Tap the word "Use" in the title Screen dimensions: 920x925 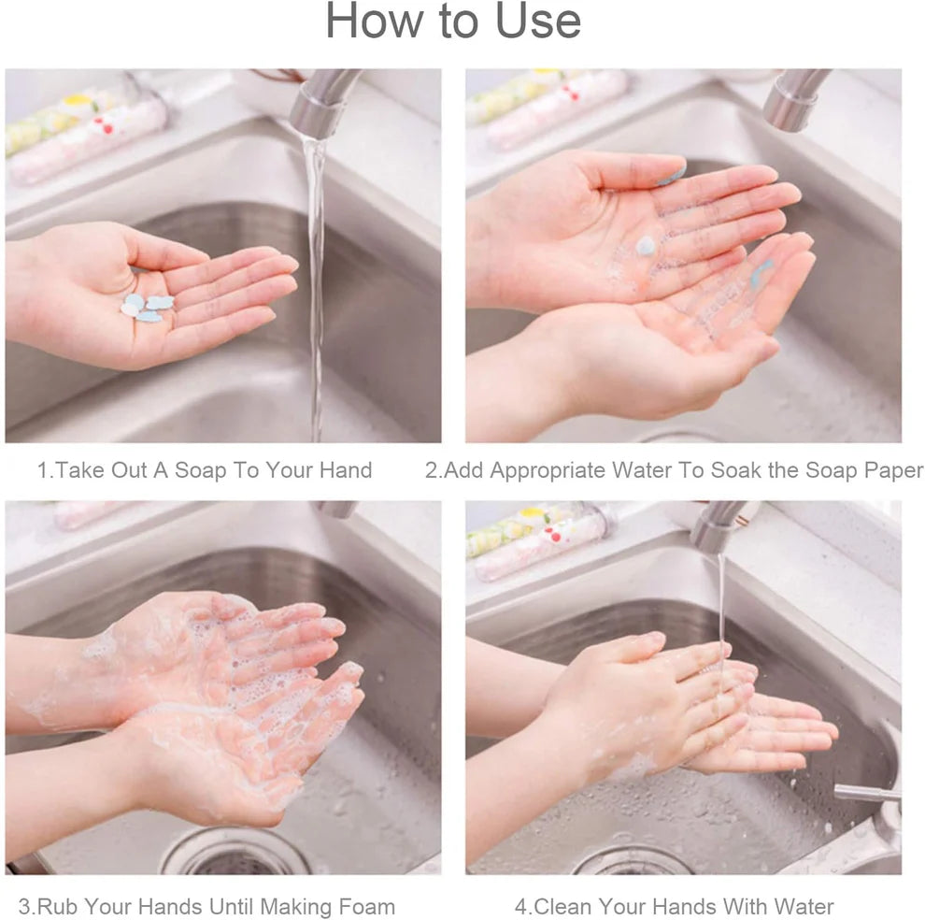[x=539, y=22]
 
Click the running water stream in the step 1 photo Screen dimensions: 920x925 [x=316, y=280]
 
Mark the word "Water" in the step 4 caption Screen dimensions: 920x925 [x=801, y=906]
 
